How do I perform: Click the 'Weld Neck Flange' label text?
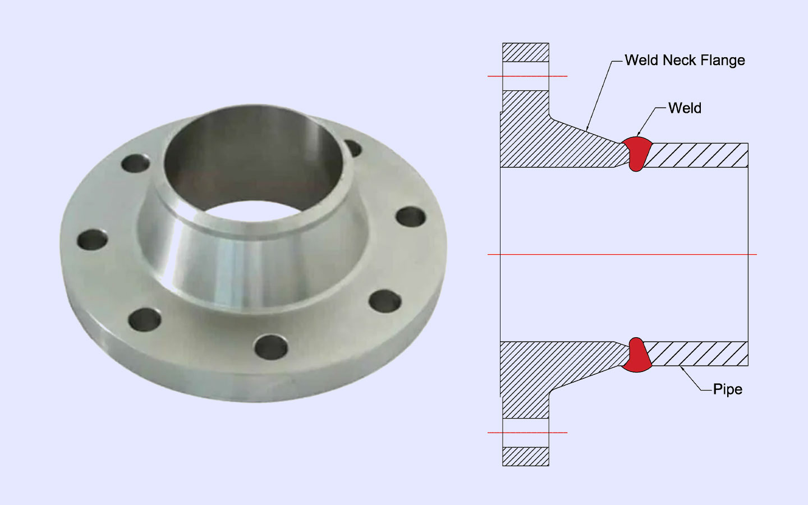(685, 60)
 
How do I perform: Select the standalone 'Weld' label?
(685, 108)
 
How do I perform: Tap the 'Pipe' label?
(727, 389)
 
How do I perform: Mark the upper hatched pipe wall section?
(696, 155)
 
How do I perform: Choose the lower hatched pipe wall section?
(696, 353)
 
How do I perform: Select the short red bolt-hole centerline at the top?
(527, 76)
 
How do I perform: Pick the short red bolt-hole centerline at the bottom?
(527, 433)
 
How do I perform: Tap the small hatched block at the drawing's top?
(526, 52)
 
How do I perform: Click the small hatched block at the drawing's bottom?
(526, 456)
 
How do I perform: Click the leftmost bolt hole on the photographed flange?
(93, 240)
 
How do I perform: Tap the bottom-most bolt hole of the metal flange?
(271, 347)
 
